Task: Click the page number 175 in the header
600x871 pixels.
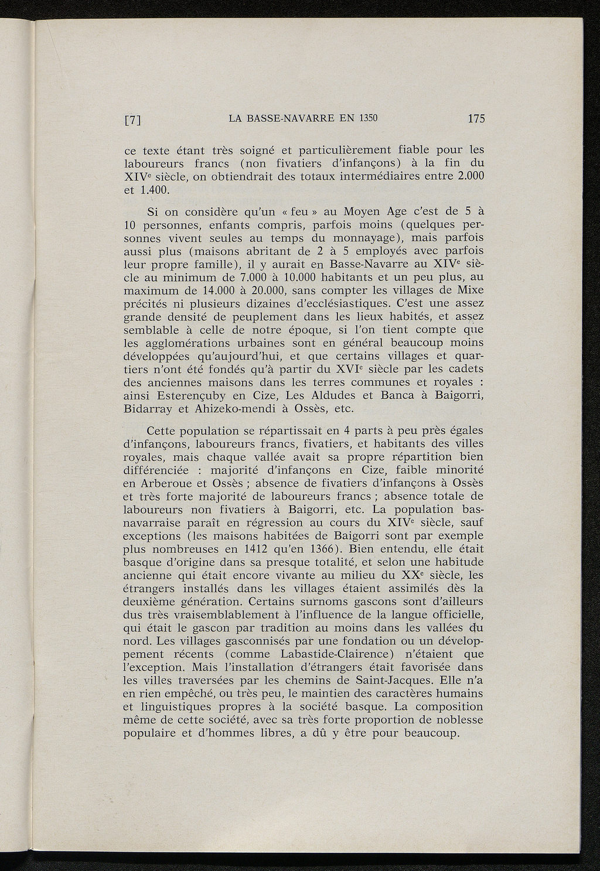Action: pyautogui.click(x=476, y=118)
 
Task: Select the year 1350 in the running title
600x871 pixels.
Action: pyautogui.click(x=364, y=118)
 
